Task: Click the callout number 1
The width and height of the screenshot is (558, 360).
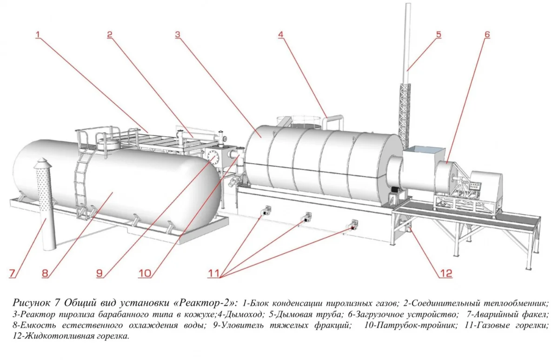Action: [x=38, y=34]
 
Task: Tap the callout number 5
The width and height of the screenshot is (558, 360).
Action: [x=438, y=34]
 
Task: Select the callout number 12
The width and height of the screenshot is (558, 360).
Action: [x=445, y=273]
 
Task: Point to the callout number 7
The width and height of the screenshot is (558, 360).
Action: [x=12, y=273]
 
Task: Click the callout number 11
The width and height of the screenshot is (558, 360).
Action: [x=214, y=273]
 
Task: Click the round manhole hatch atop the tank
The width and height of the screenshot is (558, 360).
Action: [x=109, y=144]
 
